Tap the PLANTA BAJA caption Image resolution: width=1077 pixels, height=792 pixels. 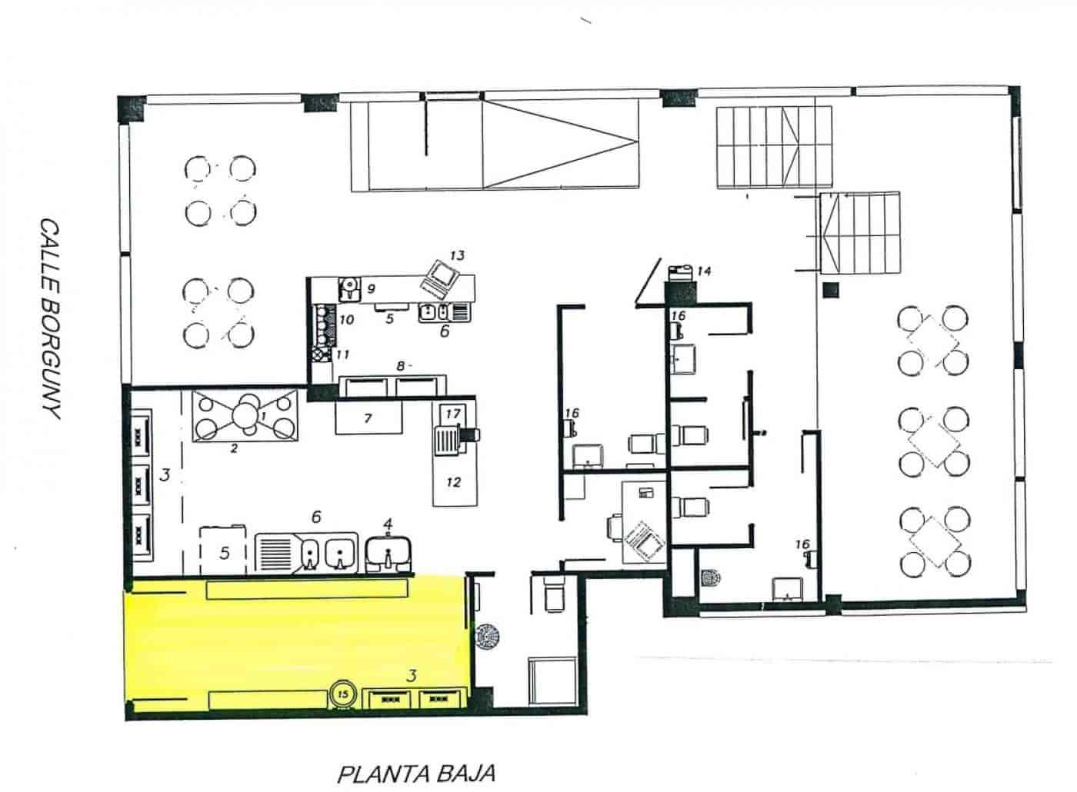point(415,772)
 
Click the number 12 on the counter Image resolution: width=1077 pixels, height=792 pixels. point(453,482)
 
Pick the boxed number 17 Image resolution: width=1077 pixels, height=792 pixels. point(452,414)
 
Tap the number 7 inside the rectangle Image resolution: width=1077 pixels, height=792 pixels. point(368,418)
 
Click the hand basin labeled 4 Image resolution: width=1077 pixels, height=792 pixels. point(388,548)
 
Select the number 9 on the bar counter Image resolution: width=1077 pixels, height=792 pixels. point(371,289)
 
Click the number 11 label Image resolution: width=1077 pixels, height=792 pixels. point(343,354)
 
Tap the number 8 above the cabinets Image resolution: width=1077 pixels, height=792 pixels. point(400,366)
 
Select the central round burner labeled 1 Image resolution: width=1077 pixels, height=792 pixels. point(247,416)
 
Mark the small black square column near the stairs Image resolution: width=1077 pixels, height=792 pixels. point(829,290)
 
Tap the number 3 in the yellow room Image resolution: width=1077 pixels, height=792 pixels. point(412,676)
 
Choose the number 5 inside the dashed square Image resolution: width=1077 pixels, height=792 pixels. point(224,552)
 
